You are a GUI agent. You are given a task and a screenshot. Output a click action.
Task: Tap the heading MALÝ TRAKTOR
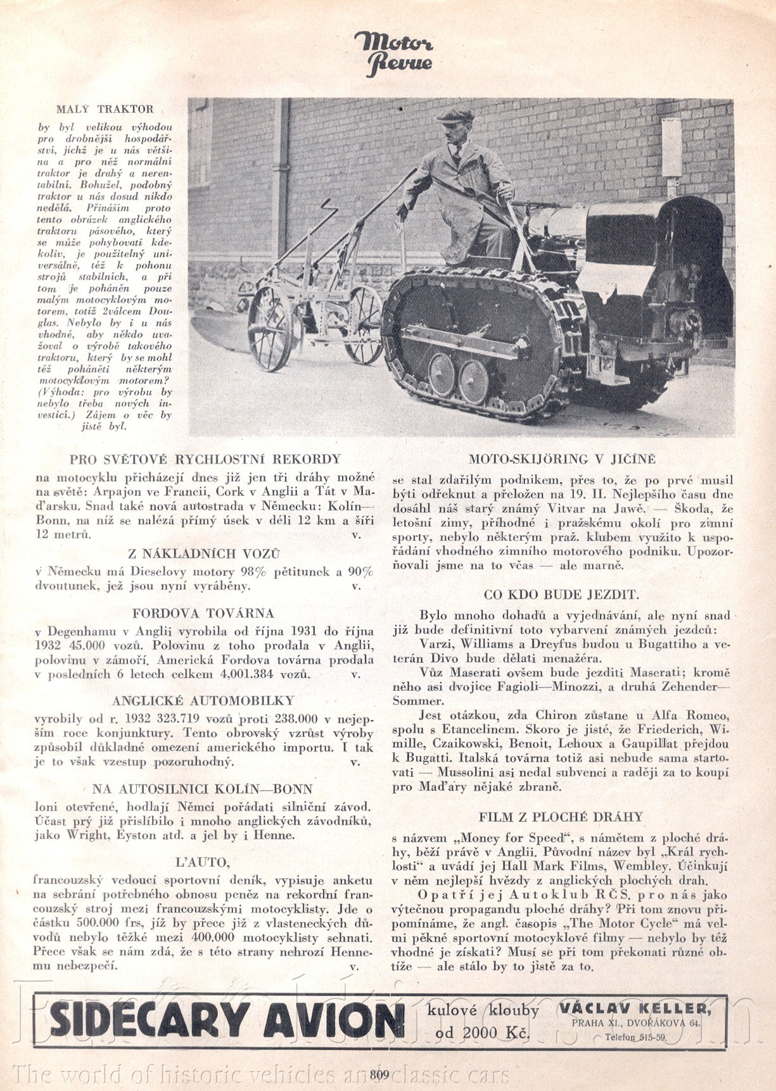tap(105, 109)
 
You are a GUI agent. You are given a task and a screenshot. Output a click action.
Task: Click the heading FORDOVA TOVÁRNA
tap(203, 613)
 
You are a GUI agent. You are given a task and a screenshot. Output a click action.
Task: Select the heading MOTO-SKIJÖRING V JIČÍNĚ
tap(561, 458)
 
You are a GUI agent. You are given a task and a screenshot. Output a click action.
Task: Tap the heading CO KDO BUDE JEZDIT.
tap(561, 595)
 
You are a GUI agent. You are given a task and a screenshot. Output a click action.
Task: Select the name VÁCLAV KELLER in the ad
tap(634, 1009)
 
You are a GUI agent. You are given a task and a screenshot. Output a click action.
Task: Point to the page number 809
tap(379, 1074)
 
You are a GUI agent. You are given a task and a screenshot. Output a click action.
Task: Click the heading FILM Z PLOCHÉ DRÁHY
tap(561, 817)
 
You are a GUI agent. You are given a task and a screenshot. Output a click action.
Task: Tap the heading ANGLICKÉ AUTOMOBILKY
tap(203, 700)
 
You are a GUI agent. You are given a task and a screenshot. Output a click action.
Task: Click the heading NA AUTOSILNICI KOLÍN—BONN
tap(203, 789)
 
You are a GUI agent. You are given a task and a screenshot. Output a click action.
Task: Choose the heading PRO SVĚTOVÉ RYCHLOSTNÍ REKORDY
tap(205, 459)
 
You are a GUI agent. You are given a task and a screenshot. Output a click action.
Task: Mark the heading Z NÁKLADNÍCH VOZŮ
tap(204, 553)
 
